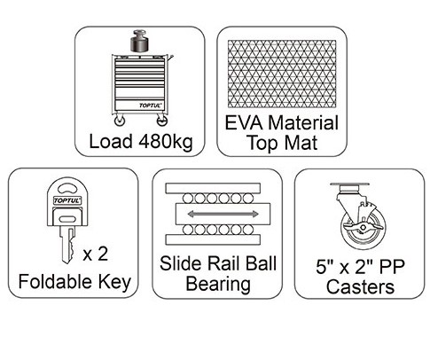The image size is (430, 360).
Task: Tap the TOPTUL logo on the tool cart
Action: (151, 105)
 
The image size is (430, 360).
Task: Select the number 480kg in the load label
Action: (166, 142)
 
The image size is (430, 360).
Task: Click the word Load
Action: (111, 141)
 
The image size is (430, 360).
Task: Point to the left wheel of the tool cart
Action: (120, 121)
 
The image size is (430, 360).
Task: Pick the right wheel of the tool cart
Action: (162, 121)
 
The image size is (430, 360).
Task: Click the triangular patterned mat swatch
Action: (282, 74)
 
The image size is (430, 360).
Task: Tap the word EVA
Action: (244, 122)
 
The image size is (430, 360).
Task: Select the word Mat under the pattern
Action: (301, 143)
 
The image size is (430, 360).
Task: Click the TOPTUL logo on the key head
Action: (67, 200)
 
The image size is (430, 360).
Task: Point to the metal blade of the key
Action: (67, 245)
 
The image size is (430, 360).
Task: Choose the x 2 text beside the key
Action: (96, 254)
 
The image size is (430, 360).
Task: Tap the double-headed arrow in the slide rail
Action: (223, 214)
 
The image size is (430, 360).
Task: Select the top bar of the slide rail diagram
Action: (213, 188)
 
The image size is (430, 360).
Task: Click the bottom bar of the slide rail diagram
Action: (213, 239)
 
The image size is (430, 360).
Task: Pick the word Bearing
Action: (218, 284)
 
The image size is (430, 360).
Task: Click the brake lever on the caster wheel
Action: (364, 227)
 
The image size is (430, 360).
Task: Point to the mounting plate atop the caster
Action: (351, 184)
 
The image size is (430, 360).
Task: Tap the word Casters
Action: (360, 286)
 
